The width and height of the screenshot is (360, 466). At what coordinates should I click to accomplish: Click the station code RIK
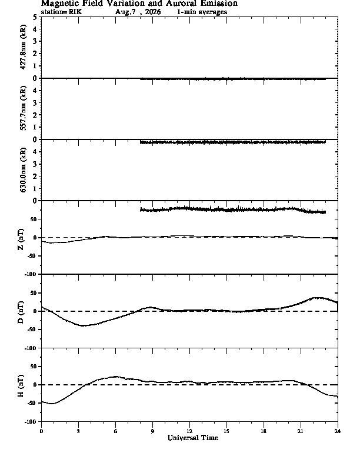pyautogui.click(x=75, y=12)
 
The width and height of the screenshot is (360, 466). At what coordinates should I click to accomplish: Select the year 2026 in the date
pyautogui.click(x=153, y=12)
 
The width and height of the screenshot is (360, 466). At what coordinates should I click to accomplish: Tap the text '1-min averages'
pyautogui.click(x=202, y=12)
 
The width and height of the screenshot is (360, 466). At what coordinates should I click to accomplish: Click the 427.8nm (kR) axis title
pyautogui.click(x=23, y=47)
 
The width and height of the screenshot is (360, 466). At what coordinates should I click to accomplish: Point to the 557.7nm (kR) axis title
pyautogui.click(x=23, y=108)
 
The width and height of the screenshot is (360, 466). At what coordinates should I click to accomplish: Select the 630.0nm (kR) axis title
pyautogui.click(x=23, y=169)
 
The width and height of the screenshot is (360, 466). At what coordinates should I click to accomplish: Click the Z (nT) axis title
pyautogui.click(x=21, y=239)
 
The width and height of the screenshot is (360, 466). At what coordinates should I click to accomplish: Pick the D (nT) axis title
pyautogui.click(x=21, y=312)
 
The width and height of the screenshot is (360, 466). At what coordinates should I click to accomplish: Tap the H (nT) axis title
pyautogui.click(x=21, y=386)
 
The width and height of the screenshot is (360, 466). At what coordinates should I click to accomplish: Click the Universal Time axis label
pyautogui.click(x=193, y=438)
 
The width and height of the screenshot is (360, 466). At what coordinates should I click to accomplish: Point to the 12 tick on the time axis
pyautogui.click(x=189, y=431)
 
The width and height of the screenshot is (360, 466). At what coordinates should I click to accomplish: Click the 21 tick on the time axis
pyautogui.click(x=301, y=431)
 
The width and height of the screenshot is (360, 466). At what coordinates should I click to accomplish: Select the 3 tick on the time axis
pyautogui.click(x=78, y=431)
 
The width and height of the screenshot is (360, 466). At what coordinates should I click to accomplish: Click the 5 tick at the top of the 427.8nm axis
pyautogui.click(x=35, y=17)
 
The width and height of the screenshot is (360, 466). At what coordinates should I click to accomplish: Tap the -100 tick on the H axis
pyautogui.click(x=31, y=421)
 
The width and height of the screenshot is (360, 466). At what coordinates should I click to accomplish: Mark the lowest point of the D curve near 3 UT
pyautogui.click(x=84, y=326)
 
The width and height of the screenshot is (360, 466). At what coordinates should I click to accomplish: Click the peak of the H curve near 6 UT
pyautogui.click(x=116, y=377)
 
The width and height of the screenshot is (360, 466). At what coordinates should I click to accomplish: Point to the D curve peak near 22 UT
pyautogui.click(x=318, y=298)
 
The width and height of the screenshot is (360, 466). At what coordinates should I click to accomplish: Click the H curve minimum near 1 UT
pyautogui.click(x=52, y=404)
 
